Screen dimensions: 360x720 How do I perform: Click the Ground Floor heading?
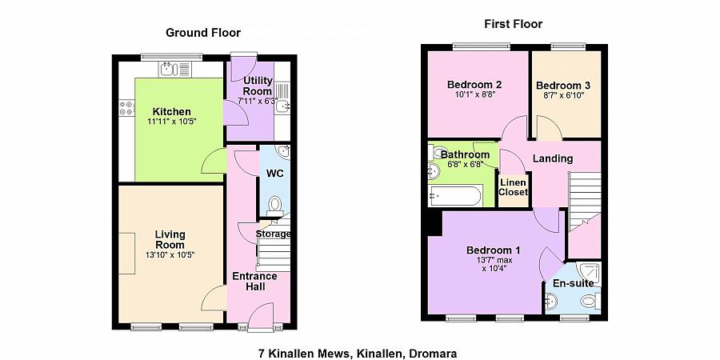click(202, 33)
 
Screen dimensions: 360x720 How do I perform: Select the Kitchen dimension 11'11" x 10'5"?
click(171, 122)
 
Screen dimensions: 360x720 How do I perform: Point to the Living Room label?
click(170, 239)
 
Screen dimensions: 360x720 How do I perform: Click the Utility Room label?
click(258, 86)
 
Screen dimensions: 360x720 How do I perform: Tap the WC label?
click(274, 173)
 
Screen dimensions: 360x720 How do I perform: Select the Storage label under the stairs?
click(273, 234)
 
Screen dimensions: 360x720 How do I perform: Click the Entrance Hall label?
click(254, 282)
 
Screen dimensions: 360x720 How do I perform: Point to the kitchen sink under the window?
click(170, 69)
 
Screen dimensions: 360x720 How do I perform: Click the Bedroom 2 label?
click(474, 85)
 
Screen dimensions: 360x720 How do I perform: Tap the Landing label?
click(553, 158)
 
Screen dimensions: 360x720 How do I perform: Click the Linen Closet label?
click(514, 187)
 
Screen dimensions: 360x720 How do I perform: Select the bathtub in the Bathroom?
click(454, 194)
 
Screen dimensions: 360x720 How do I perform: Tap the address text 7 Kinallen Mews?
click(303, 353)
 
